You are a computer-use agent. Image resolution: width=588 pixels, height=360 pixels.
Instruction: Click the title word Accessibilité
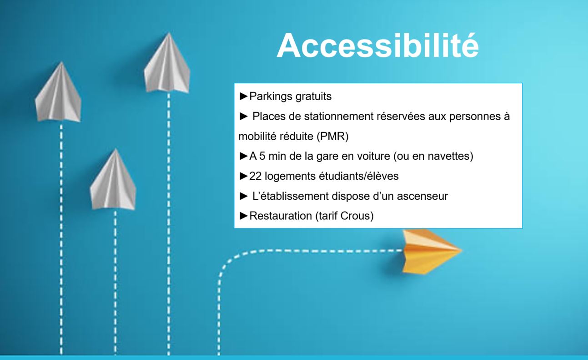click(378, 46)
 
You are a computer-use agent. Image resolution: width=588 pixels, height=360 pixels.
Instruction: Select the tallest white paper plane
click(167, 63)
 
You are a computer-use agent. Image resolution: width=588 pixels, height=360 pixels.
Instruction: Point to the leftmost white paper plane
click(58, 92)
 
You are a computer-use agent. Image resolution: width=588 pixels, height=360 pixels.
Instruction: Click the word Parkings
click(271, 96)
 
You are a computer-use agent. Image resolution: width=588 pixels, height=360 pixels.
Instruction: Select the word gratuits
click(313, 96)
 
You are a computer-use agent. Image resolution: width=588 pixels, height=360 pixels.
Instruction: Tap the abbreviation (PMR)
click(332, 137)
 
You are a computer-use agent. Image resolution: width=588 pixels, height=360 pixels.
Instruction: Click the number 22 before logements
click(256, 176)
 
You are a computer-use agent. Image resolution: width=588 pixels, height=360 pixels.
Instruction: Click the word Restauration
click(281, 216)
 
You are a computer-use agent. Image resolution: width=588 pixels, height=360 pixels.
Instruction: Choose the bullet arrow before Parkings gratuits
click(244, 96)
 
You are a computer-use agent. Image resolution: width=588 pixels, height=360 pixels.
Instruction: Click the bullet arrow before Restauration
click(244, 216)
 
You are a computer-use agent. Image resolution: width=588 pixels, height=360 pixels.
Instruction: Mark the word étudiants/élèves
click(358, 176)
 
